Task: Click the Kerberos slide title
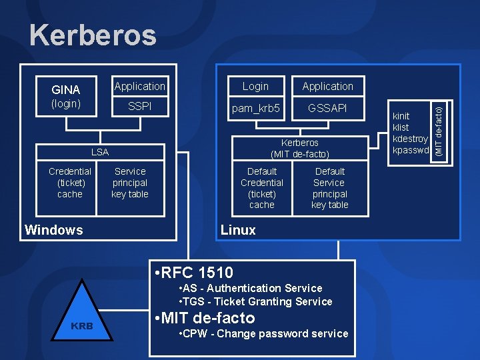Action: point(93,35)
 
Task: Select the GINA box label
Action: point(66,89)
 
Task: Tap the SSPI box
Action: point(140,106)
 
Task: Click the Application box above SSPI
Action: point(140,86)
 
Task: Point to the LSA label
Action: point(100,152)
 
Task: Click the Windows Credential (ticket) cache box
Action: point(70,183)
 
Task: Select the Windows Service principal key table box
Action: point(130,183)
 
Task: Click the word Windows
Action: point(54,230)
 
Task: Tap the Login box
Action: point(255,86)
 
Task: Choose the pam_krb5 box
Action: point(255,107)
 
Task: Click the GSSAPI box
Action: point(327,107)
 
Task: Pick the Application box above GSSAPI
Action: point(327,86)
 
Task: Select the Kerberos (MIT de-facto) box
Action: point(300,148)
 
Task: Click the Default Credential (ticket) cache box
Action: point(262,188)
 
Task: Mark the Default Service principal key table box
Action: point(329,188)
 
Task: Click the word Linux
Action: point(238,230)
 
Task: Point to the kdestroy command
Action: point(410,139)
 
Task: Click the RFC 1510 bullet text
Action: point(193,272)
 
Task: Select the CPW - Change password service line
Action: point(264,333)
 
